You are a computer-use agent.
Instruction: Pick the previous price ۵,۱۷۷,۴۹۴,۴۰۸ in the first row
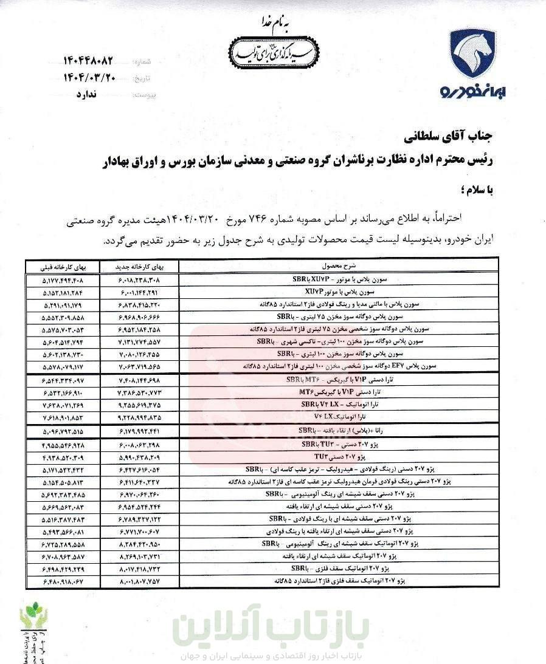(63, 281)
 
